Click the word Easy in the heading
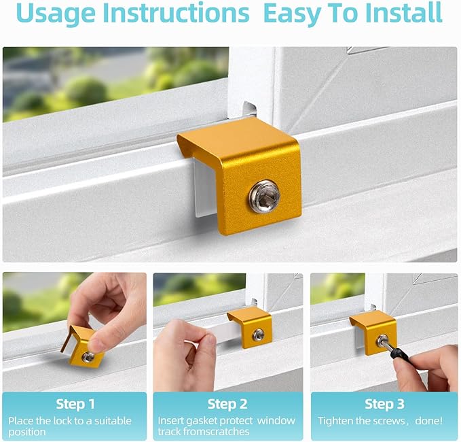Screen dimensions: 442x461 pos(295,14)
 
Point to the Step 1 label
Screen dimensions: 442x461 pos(75,405)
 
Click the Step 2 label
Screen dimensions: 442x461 pos(228,405)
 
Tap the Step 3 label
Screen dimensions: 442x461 pos(384,405)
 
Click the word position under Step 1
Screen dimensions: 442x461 pos(28,432)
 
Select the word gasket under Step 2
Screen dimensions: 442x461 pos(204,420)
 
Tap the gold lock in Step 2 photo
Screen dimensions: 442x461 pos(251,327)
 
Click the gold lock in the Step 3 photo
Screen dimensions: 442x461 pos(373,331)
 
